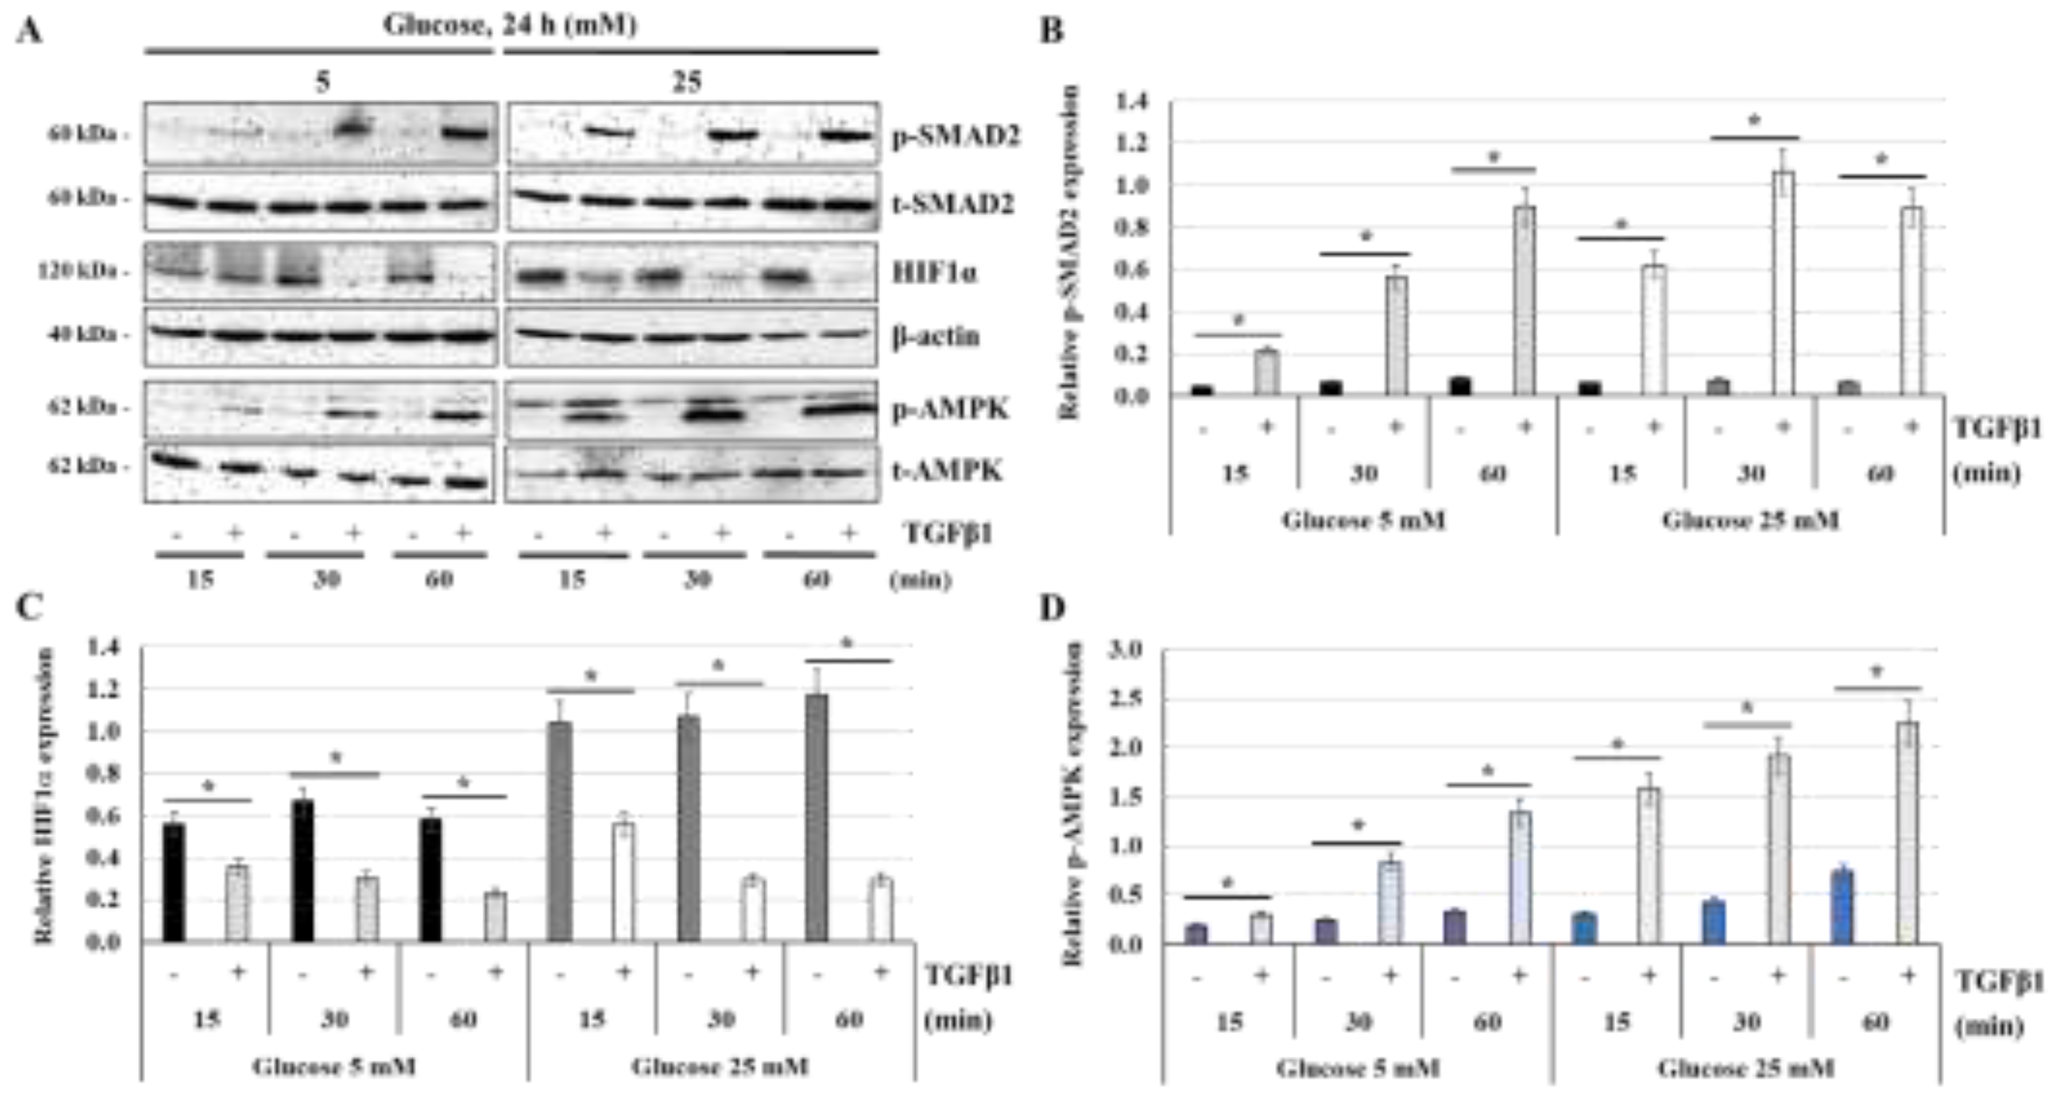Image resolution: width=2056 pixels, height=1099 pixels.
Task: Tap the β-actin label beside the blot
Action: coord(935,336)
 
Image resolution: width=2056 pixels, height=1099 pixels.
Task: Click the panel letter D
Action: coord(1052,608)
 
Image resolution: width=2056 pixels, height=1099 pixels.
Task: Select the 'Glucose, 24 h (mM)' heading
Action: coord(510,25)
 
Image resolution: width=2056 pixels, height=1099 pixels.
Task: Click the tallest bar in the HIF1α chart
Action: coord(817,817)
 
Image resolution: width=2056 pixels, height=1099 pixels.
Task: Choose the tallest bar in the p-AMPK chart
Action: coord(1906,832)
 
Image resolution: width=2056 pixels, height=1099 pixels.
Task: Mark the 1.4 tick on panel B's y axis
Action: coord(1132,101)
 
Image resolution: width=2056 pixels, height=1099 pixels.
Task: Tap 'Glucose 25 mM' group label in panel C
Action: coord(720,1066)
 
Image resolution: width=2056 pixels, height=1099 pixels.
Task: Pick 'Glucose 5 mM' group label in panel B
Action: coord(1363,520)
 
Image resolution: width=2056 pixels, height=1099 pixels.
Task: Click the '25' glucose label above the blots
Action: coord(686,82)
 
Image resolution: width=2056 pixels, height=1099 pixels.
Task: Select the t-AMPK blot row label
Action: coord(946,471)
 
